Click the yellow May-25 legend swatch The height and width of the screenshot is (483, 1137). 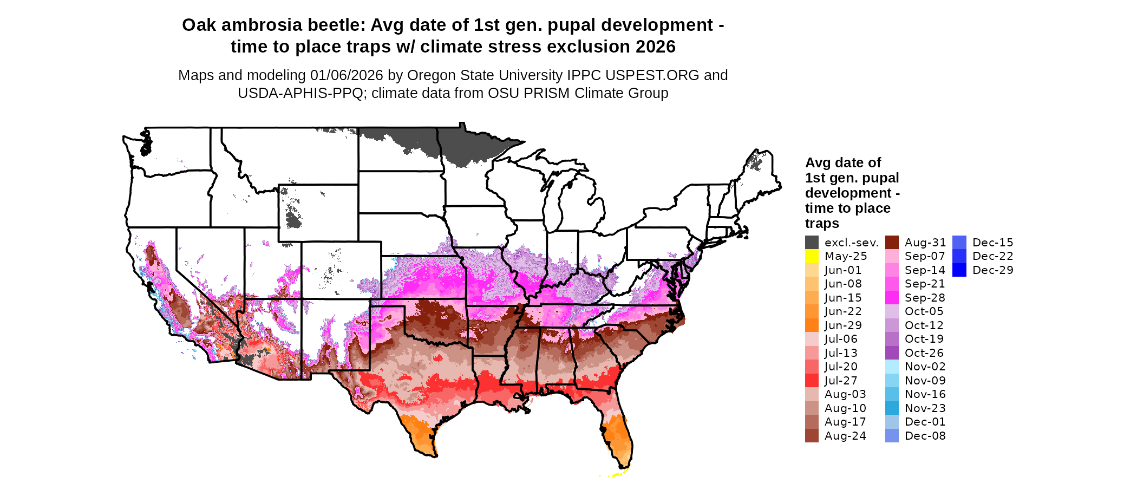point(812,256)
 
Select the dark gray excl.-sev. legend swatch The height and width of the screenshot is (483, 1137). point(812,243)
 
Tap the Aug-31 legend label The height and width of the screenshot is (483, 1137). point(925,243)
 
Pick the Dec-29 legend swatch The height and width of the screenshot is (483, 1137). point(959,270)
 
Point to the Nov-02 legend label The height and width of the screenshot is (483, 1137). point(925,367)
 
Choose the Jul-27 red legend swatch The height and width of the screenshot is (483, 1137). point(812,381)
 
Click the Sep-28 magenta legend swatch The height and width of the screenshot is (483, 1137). point(892,298)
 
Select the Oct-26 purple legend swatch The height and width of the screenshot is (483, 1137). point(892,353)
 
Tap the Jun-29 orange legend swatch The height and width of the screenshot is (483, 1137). point(812,325)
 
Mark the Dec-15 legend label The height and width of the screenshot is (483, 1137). point(992,243)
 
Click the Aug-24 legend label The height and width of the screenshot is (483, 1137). point(845,436)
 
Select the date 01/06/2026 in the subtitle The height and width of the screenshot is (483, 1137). point(346,75)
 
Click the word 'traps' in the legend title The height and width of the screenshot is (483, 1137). point(822,224)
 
